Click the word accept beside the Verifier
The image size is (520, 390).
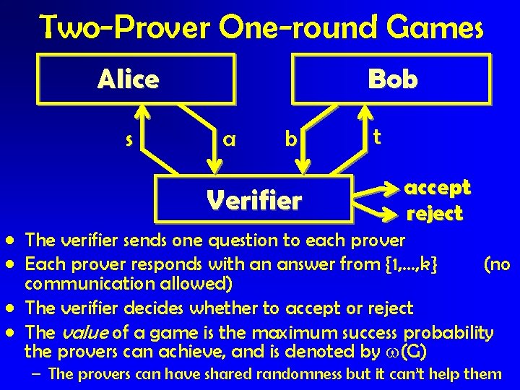(437, 188)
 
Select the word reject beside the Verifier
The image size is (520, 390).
(435, 214)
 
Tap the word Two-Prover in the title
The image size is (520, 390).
(123, 28)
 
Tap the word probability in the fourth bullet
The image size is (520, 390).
(448, 333)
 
